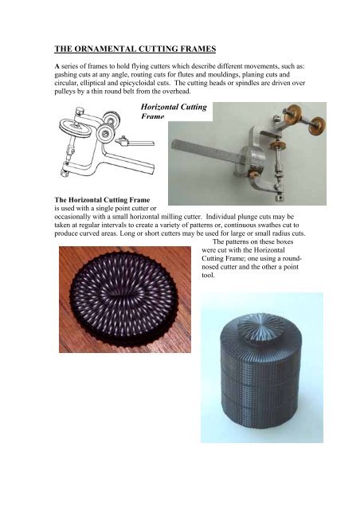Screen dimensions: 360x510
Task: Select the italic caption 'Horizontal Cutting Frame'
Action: [174, 112]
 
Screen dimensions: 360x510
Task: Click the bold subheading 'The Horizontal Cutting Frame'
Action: [102, 200]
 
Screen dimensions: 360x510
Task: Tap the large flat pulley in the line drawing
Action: [75, 128]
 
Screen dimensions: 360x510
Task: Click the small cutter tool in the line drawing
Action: [123, 140]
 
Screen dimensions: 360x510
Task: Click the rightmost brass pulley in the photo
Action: [317, 126]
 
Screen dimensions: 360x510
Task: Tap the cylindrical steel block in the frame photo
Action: [252, 159]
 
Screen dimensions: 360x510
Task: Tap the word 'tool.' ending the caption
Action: [208, 275]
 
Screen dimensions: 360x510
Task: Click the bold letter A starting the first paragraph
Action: [57, 66]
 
